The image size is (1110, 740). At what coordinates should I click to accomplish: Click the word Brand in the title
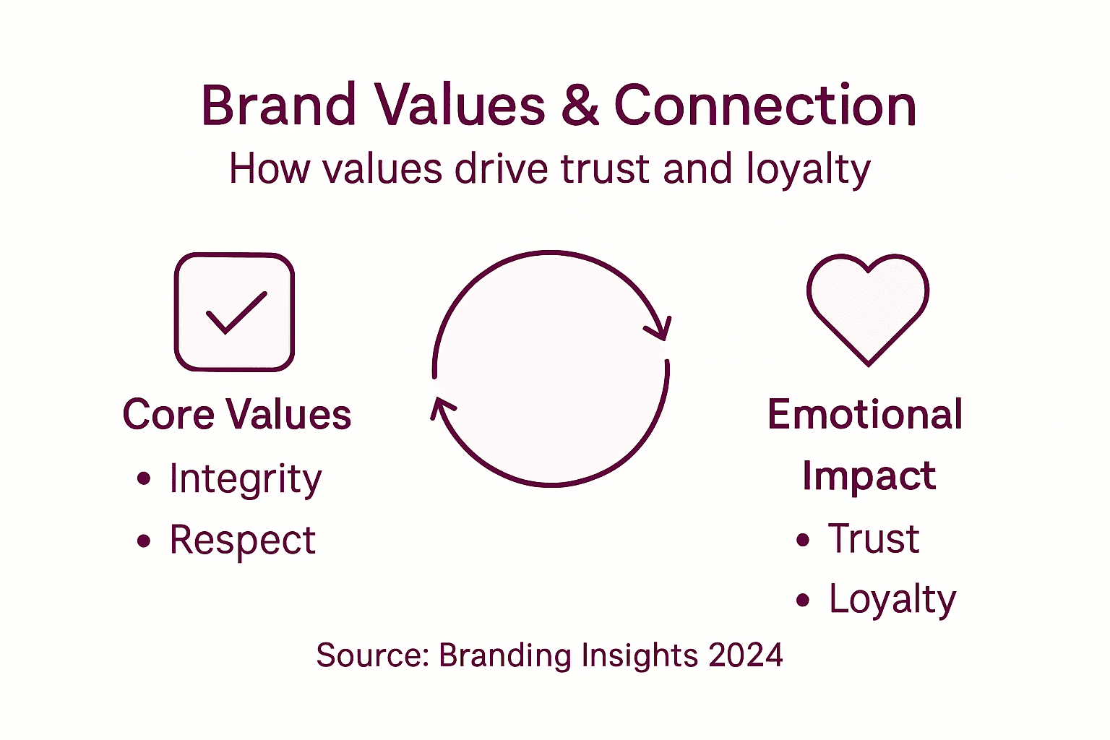pyautogui.click(x=278, y=106)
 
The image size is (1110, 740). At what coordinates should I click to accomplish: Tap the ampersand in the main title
pyautogui.click(x=580, y=106)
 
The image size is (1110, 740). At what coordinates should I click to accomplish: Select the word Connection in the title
pyautogui.click(x=765, y=106)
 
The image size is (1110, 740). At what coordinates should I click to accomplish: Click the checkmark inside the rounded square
pyautogui.click(x=236, y=313)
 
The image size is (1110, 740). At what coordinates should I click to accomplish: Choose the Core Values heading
pyautogui.click(x=237, y=415)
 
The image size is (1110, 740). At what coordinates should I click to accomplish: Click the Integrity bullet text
pyautogui.click(x=245, y=478)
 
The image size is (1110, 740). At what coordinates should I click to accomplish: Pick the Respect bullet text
pyautogui.click(x=242, y=540)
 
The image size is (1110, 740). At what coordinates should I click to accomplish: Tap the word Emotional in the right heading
pyautogui.click(x=865, y=415)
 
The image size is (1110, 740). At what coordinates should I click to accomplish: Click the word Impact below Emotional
pyautogui.click(x=869, y=476)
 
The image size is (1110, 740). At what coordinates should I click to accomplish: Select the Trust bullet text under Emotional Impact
pyautogui.click(x=874, y=539)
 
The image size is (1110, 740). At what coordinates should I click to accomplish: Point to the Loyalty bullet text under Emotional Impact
pyautogui.click(x=892, y=600)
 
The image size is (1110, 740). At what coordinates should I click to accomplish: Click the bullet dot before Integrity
pyautogui.click(x=144, y=478)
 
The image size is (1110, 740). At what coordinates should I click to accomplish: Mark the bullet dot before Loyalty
pyautogui.click(x=803, y=601)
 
